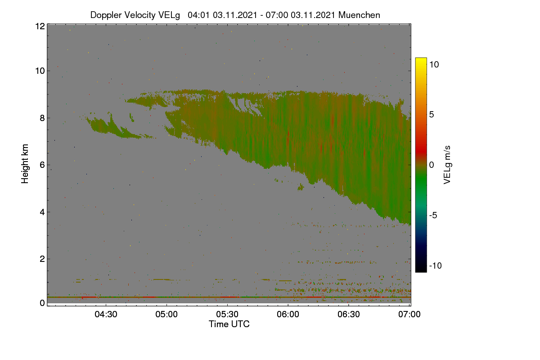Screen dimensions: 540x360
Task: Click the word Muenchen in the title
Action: pyautogui.click(x=359, y=15)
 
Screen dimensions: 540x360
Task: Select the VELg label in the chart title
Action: pyautogui.click(x=169, y=15)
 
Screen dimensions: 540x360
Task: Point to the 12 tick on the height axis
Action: pyautogui.click(x=40, y=26)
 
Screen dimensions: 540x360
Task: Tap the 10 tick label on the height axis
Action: pyautogui.click(x=40, y=71)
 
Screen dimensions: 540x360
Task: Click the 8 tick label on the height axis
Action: pyautogui.click(x=42, y=118)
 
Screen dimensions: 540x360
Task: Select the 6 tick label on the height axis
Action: pyautogui.click(x=42, y=165)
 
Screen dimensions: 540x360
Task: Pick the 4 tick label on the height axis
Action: pyautogui.click(x=42, y=212)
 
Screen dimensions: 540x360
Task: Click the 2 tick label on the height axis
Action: pyautogui.click(x=42, y=259)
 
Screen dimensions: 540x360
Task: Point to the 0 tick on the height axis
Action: pyautogui.click(x=42, y=303)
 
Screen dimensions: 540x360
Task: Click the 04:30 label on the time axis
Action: pyautogui.click(x=106, y=314)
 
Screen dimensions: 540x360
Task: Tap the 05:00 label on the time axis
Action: pyautogui.click(x=166, y=314)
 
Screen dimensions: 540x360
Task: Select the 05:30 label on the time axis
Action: pyautogui.click(x=227, y=314)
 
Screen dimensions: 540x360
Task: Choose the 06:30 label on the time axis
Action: pyautogui.click(x=349, y=314)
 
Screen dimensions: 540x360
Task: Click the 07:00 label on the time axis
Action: pyautogui.click(x=409, y=314)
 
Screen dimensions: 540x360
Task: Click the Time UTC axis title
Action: pyautogui.click(x=229, y=324)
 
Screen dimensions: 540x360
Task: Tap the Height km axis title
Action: pyautogui.click(x=25, y=164)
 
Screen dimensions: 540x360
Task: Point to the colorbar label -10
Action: pyautogui.click(x=436, y=265)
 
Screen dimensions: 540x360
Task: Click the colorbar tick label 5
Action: pyautogui.click(x=432, y=115)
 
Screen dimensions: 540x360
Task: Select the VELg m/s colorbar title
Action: pyautogui.click(x=447, y=165)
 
